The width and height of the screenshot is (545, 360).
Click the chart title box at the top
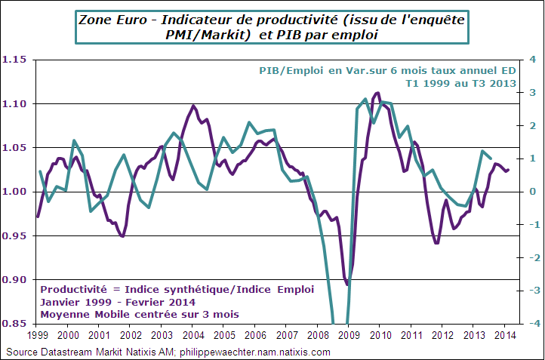click(x=272, y=26)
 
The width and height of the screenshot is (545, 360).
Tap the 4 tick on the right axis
click(x=531, y=60)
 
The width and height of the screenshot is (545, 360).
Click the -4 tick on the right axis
click(x=530, y=324)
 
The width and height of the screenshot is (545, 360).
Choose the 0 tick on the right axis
click(x=531, y=192)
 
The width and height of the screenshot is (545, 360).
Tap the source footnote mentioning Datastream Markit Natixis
click(x=168, y=352)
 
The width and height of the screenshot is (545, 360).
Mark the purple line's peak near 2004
click(x=193, y=106)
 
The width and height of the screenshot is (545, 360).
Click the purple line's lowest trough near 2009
click(x=347, y=285)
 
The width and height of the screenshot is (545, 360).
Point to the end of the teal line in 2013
click(x=491, y=158)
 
